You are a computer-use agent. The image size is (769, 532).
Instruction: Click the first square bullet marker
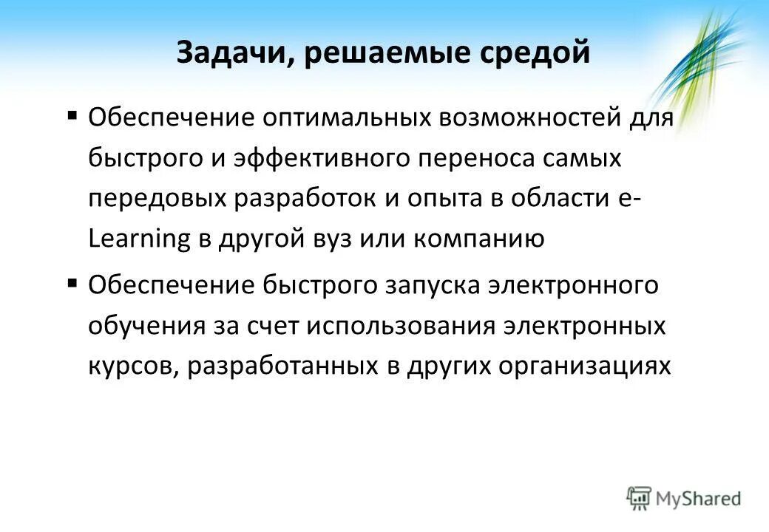click(72, 115)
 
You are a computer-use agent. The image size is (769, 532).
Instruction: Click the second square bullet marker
click(72, 282)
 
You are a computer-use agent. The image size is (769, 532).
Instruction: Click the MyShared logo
click(684, 498)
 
